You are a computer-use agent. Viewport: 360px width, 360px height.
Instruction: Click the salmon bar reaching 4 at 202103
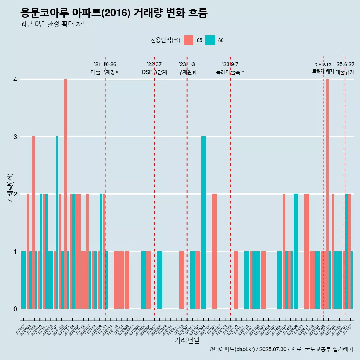pos(66,193)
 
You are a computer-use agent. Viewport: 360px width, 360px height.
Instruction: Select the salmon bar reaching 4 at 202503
pos(327,193)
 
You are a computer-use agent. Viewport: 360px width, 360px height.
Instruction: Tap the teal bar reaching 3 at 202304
pos(203,222)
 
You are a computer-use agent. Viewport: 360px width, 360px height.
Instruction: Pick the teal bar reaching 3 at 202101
pos(57,222)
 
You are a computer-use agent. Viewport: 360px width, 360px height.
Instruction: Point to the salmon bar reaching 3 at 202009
pos(33,222)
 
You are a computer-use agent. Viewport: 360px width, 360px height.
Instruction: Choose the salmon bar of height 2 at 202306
pos(214,251)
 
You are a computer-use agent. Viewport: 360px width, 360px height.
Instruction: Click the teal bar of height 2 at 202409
pos(296,251)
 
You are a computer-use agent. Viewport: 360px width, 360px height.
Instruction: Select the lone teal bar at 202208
pos(160,280)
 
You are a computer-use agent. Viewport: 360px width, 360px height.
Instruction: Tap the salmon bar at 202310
pos(236,280)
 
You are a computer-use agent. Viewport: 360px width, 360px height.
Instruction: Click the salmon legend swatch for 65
pos(189,40)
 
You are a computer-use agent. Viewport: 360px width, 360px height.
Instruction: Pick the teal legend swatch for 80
pos(210,40)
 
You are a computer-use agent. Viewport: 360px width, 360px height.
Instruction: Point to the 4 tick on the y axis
pos(15,79)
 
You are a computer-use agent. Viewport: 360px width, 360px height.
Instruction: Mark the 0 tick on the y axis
pos(15,309)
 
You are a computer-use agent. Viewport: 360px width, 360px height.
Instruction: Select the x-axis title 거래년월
pos(187,340)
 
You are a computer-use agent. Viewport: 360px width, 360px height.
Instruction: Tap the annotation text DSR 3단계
pos(154,72)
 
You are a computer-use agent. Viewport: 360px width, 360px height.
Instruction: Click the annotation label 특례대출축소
pos(230,72)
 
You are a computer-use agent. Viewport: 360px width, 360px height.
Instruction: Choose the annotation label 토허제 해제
pos(323,71)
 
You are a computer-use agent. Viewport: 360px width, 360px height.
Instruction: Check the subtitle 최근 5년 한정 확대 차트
pos(55,24)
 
